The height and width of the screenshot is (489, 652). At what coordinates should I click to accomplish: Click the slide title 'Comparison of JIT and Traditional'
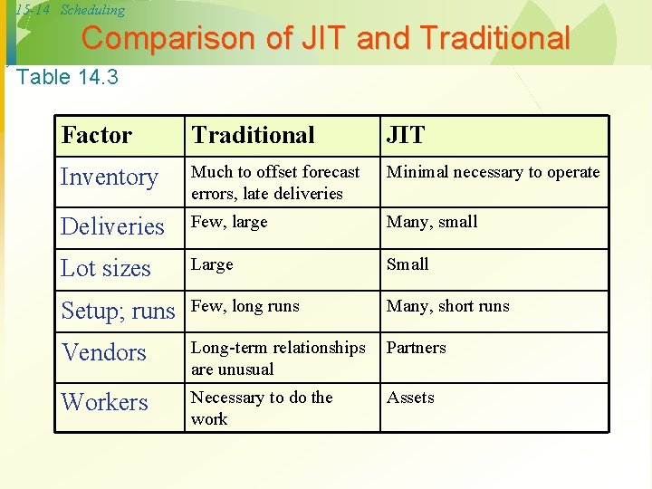coord(326,39)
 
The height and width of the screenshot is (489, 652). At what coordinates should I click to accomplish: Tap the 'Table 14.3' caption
coord(68,77)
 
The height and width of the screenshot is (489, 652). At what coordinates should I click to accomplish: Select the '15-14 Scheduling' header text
coord(69,11)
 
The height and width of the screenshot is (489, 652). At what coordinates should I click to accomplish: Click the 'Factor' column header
coord(97,136)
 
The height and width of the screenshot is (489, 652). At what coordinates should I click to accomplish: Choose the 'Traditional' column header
coord(254,136)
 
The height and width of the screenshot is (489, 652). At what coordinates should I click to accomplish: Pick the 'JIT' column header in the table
coord(406,136)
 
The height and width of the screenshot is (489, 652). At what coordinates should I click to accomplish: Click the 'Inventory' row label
coord(110,177)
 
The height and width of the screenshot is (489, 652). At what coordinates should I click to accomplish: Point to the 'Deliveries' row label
coord(112,226)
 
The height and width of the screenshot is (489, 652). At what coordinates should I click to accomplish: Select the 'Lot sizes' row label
coord(106,269)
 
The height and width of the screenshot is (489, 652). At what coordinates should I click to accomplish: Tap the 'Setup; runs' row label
coord(118,311)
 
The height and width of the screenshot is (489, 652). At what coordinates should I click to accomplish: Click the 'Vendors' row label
coord(103,352)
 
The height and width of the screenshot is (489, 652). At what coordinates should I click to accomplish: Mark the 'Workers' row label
coord(104,402)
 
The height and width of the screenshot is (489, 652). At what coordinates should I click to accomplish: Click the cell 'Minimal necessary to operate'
coord(493,172)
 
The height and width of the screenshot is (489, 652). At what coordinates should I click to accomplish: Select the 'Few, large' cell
coord(229,222)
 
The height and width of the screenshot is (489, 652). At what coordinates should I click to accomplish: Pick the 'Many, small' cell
coord(432,222)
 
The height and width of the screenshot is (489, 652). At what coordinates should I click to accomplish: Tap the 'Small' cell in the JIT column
coord(407,264)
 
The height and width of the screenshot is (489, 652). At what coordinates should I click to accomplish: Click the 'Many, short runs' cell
coord(447,306)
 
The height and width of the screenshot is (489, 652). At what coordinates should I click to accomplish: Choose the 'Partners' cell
coord(417,348)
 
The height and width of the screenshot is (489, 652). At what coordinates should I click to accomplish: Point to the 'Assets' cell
coord(410,398)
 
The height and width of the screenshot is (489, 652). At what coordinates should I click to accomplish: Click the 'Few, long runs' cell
coord(244,306)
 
